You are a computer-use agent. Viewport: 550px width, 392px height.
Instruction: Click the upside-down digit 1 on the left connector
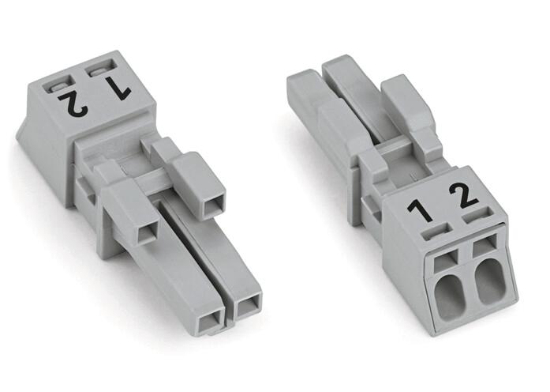point(119,89)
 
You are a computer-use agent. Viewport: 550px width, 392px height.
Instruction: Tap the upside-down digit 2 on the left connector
point(73,105)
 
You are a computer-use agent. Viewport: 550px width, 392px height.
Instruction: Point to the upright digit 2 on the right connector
point(463,196)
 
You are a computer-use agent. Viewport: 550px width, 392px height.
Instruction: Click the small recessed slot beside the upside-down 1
point(101,68)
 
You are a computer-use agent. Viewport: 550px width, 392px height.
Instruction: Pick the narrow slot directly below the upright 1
point(437,232)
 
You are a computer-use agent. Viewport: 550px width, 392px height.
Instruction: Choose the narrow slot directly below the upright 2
point(477,216)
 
